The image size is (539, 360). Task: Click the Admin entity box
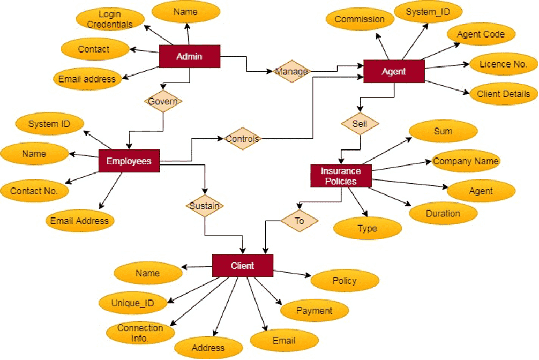[x=190, y=57]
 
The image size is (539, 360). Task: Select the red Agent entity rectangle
[x=394, y=71]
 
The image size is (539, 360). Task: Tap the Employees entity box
[x=129, y=161]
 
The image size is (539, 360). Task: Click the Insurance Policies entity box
[x=341, y=176]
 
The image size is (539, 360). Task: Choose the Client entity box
[x=242, y=266]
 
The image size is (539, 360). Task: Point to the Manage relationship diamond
[x=291, y=71]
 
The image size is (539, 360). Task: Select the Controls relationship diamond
[x=242, y=139]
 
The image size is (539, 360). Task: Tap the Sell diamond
[x=360, y=123]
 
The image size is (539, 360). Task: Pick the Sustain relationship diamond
[x=205, y=205]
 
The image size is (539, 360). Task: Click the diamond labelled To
[x=299, y=221]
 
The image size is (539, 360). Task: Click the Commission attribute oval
[x=360, y=20]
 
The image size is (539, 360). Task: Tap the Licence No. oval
[x=503, y=64]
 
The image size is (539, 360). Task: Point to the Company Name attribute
[x=466, y=161]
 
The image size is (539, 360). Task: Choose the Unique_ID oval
[x=132, y=303]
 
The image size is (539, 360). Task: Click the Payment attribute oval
[x=315, y=311]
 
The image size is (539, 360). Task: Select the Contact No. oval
[x=34, y=190]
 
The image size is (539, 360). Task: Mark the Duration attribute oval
[x=443, y=214]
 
